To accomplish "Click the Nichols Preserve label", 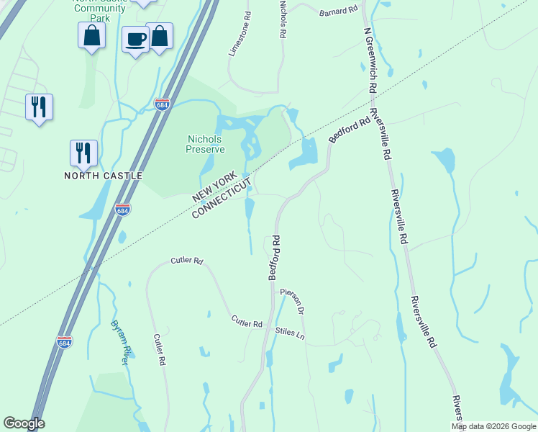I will pyautogui.click(x=206, y=144).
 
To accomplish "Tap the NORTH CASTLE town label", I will pyautogui.click(x=104, y=176).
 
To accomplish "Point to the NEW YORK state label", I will pyautogui.click(x=220, y=184).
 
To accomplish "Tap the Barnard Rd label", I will pyautogui.click(x=338, y=11).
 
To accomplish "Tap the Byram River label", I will pyautogui.click(x=119, y=343).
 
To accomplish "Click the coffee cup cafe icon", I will pyautogui.click(x=134, y=39).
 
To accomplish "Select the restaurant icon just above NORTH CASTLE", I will pyautogui.click(x=83, y=152).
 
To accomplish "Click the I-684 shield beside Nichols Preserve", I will pyautogui.click(x=162, y=104).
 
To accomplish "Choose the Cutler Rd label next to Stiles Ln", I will pyautogui.click(x=247, y=323).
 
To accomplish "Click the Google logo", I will pyautogui.click(x=24, y=423).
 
